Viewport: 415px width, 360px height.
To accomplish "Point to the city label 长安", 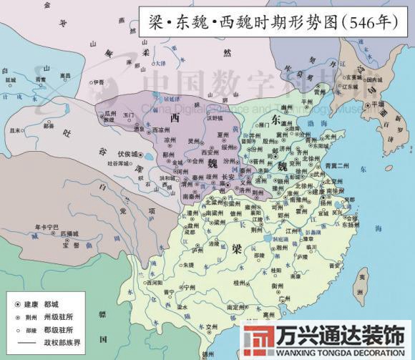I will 228,177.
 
